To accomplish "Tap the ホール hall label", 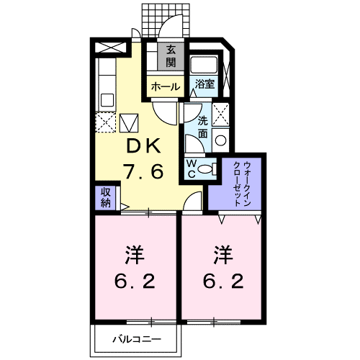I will [165, 86].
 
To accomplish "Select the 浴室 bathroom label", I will [204, 84].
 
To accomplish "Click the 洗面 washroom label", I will [204, 127].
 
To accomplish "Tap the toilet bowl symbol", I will [206, 170].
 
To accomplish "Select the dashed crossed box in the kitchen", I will [105, 124].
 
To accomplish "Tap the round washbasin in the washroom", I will [222, 141].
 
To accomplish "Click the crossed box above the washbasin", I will [222, 114].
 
